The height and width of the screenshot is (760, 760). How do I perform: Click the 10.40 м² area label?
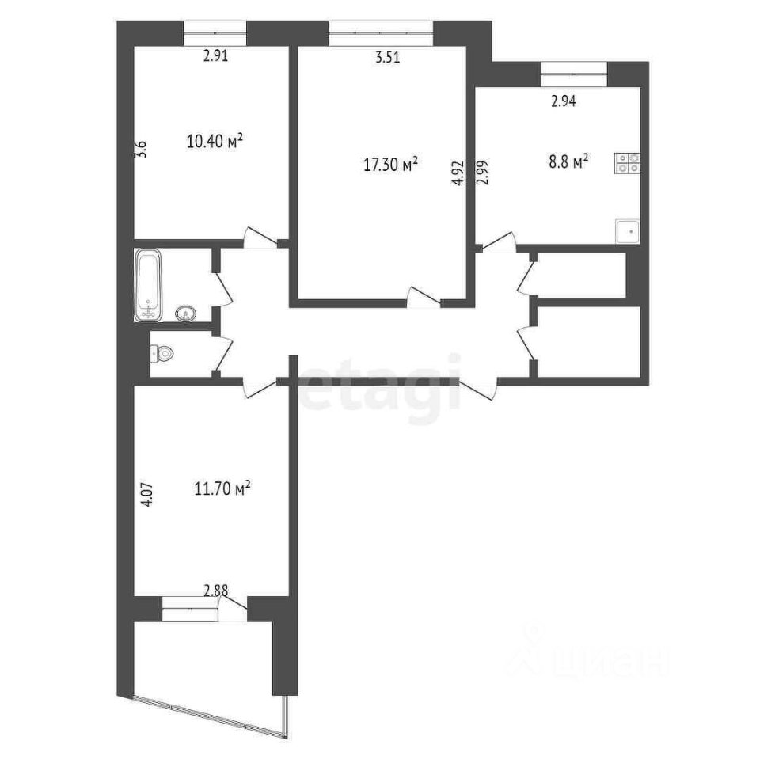point(215,142)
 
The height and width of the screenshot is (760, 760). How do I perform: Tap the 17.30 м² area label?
point(390,165)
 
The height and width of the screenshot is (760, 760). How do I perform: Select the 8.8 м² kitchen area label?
point(569,161)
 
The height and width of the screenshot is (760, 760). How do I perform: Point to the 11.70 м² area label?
point(222,488)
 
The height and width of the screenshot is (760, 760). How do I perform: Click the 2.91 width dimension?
point(215,55)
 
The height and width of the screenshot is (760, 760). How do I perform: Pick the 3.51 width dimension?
point(388,57)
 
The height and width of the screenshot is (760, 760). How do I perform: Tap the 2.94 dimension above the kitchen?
point(564,101)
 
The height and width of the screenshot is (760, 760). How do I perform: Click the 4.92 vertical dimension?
point(459,174)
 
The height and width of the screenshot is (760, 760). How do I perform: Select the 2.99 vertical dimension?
point(483,173)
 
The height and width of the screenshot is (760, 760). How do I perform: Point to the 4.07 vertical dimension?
point(147,494)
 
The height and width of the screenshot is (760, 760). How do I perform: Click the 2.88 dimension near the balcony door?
point(215,591)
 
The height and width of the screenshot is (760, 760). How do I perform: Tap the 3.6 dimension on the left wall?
point(141,148)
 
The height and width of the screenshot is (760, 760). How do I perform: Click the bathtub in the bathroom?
point(148,285)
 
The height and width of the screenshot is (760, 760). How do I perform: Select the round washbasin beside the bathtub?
point(185,313)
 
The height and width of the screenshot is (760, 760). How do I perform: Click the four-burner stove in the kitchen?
point(627,163)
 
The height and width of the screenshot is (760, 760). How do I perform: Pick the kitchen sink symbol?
point(628,231)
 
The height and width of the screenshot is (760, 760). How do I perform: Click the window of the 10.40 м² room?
point(215,34)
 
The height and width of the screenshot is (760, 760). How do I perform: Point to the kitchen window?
point(574,74)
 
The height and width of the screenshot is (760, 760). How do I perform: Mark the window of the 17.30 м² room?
point(381,34)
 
